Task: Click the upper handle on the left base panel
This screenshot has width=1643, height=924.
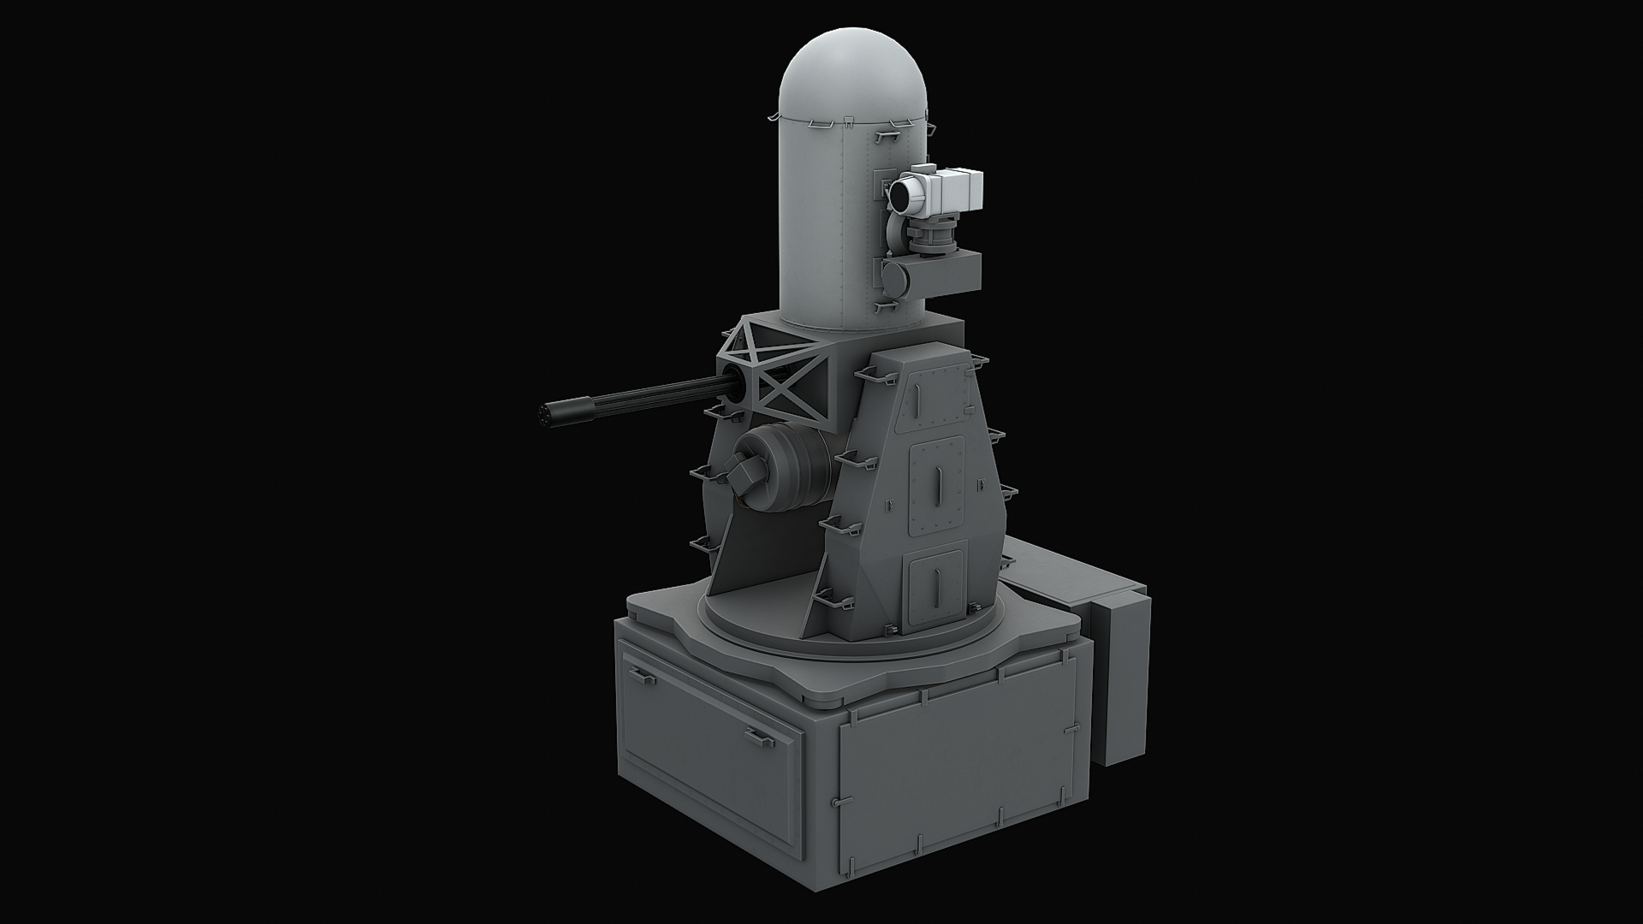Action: pyautogui.click(x=643, y=678)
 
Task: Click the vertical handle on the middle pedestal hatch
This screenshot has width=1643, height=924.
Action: pyautogui.click(x=939, y=489)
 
